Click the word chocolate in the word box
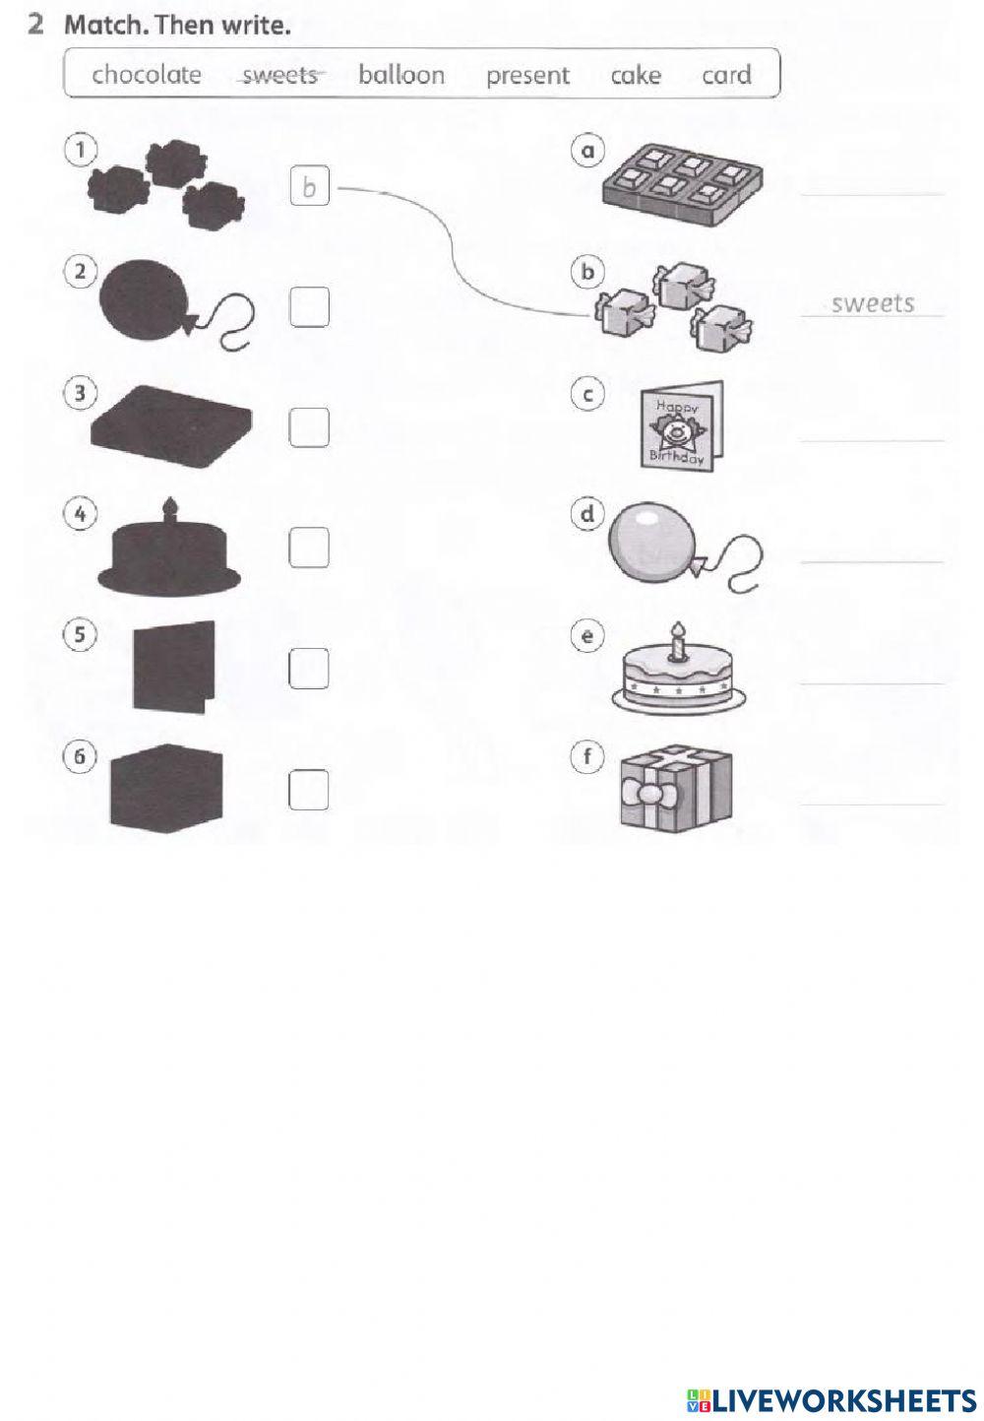tap(147, 75)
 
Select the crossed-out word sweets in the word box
tap(280, 75)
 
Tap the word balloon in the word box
tap(401, 75)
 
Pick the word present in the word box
tap(527, 75)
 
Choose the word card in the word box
tap(726, 75)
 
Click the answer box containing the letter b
tap(309, 186)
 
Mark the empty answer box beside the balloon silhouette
tap(309, 308)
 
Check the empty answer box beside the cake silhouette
tap(309, 548)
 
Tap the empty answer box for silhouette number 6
tap(309, 789)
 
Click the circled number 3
tap(81, 393)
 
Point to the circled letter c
tap(587, 394)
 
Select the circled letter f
tap(587, 756)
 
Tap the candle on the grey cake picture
tap(677, 640)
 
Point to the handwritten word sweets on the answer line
tap(872, 303)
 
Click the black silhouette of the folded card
tap(173, 666)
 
